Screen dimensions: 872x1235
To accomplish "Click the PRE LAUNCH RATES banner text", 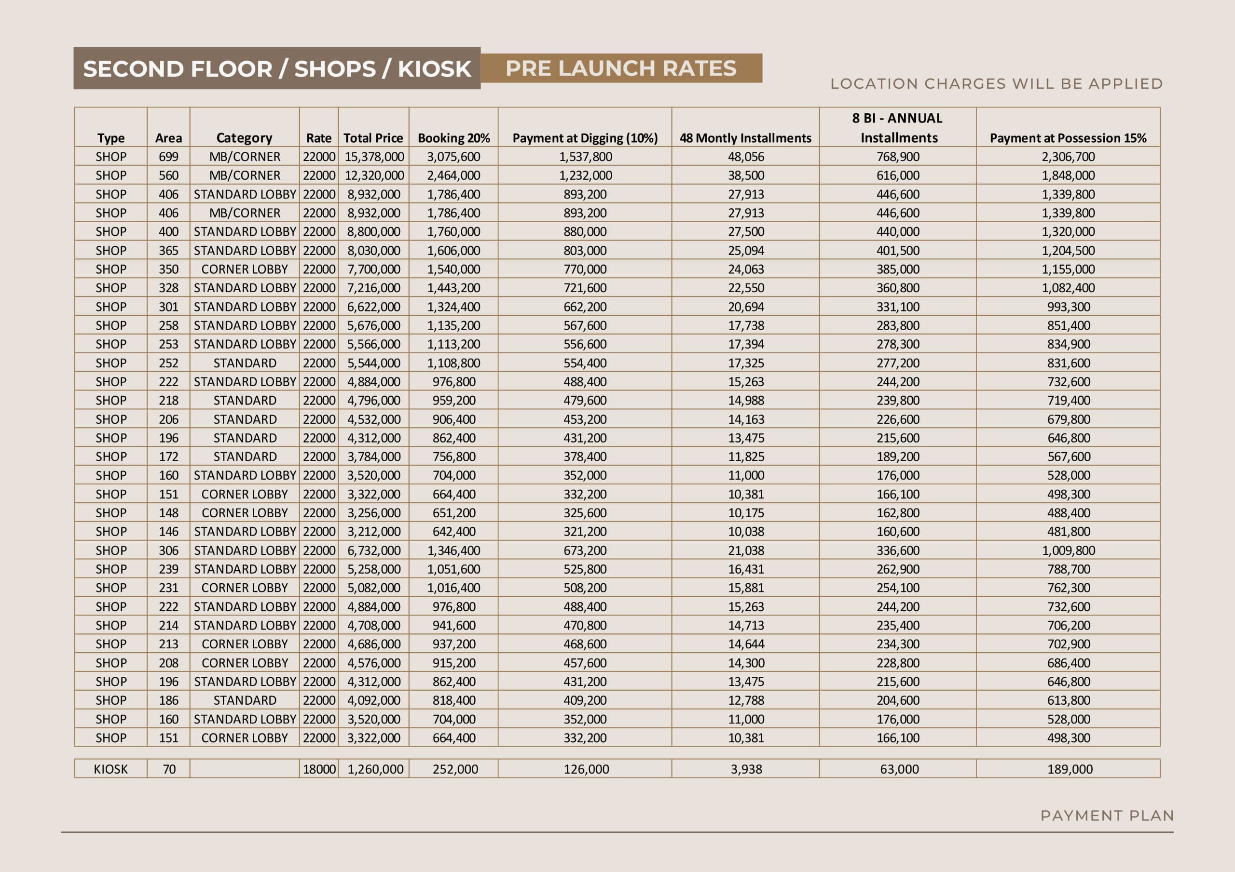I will [x=621, y=68].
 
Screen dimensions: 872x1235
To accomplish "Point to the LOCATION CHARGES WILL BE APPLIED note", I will [x=997, y=84].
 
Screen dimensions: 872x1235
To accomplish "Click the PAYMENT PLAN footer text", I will [x=1107, y=816].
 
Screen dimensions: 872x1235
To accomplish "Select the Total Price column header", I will [x=373, y=138].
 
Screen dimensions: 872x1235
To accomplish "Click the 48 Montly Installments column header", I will [x=745, y=138].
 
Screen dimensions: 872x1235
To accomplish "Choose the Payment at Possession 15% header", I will [x=1068, y=138].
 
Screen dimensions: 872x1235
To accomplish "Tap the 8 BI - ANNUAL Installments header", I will [x=898, y=128].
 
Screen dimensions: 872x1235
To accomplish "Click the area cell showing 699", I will [x=168, y=157].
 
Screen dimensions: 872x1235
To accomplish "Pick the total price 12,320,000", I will [x=374, y=176].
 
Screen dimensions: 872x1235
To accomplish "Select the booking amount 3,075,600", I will [x=453, y=157].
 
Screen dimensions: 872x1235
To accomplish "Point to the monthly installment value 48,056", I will [x=746, y=157].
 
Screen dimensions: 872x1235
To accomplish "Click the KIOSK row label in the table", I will [x=111, y=769].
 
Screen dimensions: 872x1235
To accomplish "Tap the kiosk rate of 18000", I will [x=319, y=769].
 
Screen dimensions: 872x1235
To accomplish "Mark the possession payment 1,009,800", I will [x=1068, y=550].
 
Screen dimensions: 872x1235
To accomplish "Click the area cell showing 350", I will [x=168, y=269].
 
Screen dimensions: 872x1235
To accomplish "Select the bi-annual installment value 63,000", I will [x=899, y=769].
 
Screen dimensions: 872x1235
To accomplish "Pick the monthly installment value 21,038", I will [x=746, y=550].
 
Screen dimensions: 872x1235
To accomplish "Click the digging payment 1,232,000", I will [x=585, y=176].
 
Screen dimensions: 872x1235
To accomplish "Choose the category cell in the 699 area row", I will [x=245, y=157].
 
